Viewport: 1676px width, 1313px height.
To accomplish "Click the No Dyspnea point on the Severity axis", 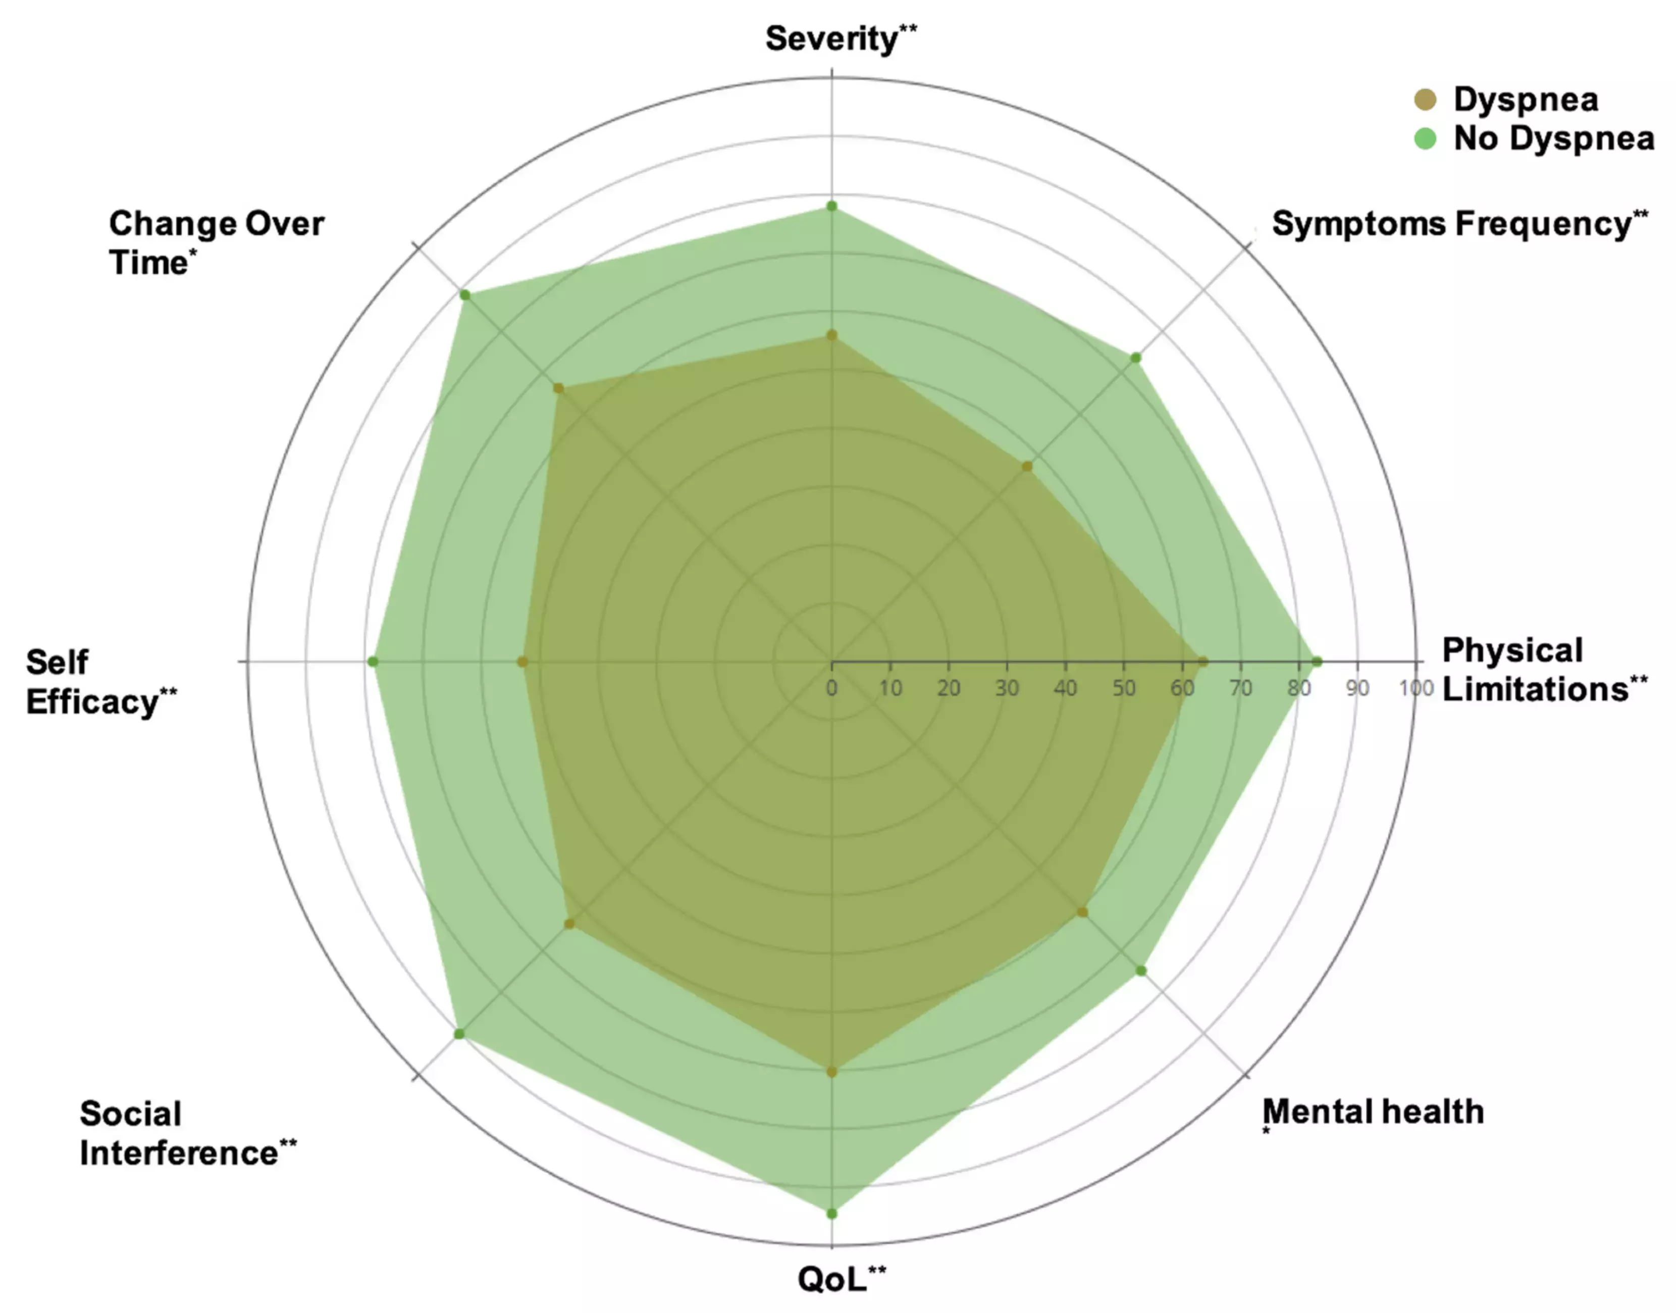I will click(x=831, y=206).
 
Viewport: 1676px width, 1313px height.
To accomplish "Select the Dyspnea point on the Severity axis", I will click(x=831, y=335).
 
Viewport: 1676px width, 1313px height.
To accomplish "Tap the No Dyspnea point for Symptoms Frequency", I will click(x=1136, y=358).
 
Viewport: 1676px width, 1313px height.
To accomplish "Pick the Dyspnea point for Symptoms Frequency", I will click(x=1027, y=466).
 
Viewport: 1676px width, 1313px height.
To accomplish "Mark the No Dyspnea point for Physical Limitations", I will click(x=1317, y=661).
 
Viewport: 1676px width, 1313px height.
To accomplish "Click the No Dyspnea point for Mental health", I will click(x=1141, y=971).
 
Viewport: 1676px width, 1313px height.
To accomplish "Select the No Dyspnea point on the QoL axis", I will click(x=831, y=1213).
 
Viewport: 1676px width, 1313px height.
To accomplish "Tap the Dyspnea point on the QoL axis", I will click(x=831, y=1072).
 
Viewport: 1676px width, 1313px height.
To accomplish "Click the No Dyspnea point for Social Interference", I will click(x=459, y=1034).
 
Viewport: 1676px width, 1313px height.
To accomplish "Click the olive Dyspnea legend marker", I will click(x=1426, y=99).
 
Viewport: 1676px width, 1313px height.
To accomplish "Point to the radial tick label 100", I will click(x=1416, y=687).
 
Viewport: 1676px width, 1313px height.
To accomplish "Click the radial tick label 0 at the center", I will click(x=831, y=687).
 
